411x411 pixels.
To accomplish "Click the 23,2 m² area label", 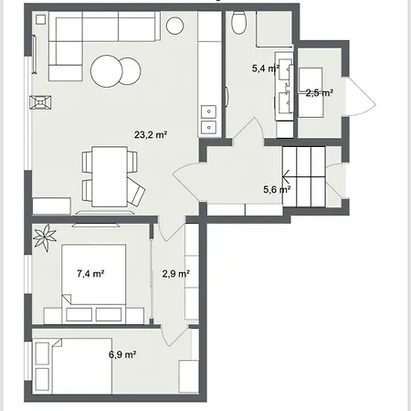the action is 151,134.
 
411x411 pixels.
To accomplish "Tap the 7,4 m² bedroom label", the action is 90,274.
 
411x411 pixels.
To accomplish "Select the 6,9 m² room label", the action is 122,354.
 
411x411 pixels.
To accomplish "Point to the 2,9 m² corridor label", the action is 176,274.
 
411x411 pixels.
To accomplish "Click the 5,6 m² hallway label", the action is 277,190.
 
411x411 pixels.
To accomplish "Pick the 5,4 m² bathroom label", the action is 265,68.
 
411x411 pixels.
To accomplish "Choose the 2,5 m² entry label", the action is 320,93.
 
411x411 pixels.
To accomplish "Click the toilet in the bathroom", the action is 239,23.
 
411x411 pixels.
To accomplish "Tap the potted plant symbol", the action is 45,237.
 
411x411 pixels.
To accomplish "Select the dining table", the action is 110,176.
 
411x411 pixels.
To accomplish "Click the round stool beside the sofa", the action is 174,26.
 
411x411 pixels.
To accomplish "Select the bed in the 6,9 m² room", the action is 81,366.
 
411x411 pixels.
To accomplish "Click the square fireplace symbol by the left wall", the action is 40,102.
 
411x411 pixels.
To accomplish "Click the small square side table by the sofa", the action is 40,20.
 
